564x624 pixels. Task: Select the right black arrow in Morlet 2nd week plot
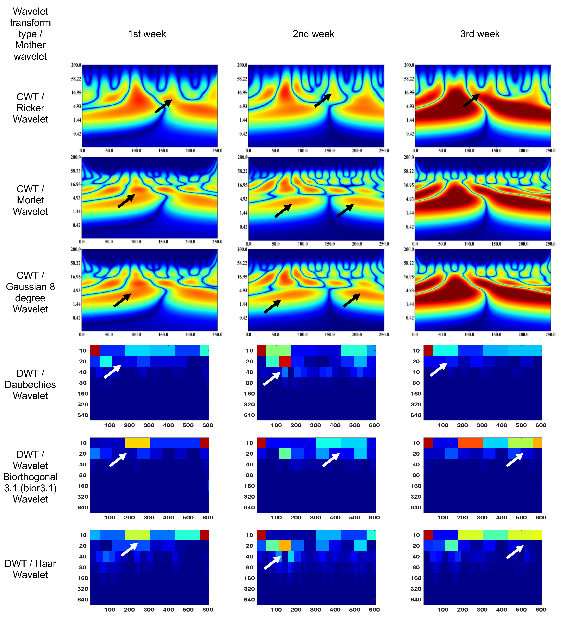tap(345, 211)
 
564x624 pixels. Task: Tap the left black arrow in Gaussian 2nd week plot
tap(272, 306)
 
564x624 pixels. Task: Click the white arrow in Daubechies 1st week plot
tap(112, 371)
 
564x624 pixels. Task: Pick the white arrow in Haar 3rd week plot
tap(515, 552)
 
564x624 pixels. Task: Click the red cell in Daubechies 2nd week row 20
tap(285, 361)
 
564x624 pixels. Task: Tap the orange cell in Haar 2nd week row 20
tap(285, 546)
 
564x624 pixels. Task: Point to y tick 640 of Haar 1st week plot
tap(83, 600)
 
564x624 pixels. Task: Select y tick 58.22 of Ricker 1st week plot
tap(76, 79)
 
